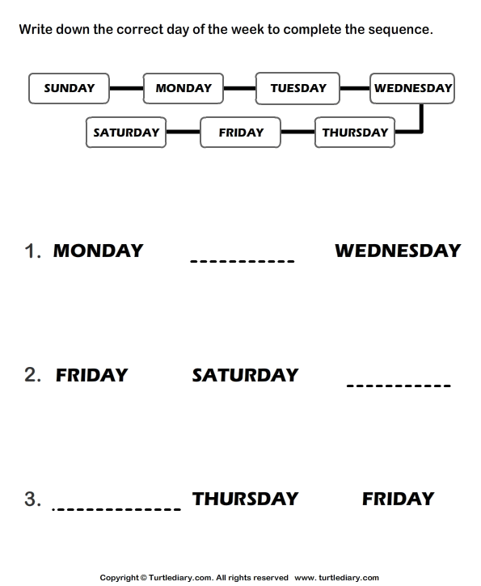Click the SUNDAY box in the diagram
click(70, 89)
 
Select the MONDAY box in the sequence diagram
click(184, 89)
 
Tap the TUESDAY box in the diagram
click(297, 89)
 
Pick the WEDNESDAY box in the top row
click(412, 89)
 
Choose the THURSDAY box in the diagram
click(355, 133)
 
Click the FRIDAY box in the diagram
click(240, 133)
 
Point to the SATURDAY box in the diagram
click(126, 133)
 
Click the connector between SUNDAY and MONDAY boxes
click(126, 89)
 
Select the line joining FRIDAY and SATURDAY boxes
click(184, 132)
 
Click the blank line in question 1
click(243, 261)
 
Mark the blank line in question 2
click(399, 386)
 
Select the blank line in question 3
click(116, 509)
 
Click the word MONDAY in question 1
click(99, 251)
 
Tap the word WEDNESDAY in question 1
click(398, 251)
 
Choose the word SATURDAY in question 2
click(245, 375)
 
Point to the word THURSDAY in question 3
click(245, 499)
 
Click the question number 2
click(32, 375)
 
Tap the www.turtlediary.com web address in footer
click(337, 578)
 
